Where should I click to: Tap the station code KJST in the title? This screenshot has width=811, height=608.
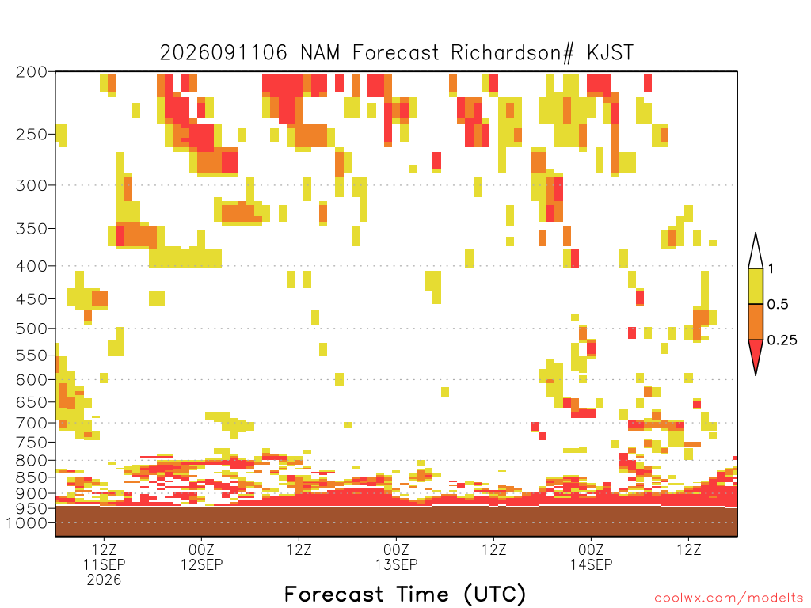(611, 52)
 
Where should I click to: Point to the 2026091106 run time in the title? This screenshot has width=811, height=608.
(223, 52)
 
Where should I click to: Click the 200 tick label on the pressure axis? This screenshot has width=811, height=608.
(31, 72)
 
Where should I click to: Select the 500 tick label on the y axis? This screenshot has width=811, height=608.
(31, 329)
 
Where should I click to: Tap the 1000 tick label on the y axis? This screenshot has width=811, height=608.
(26, 523)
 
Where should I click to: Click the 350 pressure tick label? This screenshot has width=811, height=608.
(31, 229)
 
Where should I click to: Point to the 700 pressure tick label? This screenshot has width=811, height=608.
(31, 423)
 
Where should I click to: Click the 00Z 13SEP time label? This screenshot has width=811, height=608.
(396, 557)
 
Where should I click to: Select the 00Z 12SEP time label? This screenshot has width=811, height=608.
(202, 557)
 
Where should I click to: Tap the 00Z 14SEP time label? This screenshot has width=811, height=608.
(591, 557)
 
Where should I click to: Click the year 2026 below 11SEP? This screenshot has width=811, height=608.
(104, 580)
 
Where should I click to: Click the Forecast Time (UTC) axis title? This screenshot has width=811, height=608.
(405, 595)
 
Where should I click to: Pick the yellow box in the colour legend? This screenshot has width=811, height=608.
(756, 286)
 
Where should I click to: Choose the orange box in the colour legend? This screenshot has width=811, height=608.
(756, 321)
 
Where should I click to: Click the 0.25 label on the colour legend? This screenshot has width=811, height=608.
(782, 340)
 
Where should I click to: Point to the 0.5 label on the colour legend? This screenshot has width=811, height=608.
(778, 305)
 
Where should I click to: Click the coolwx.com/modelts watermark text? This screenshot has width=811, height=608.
(729, 598)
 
